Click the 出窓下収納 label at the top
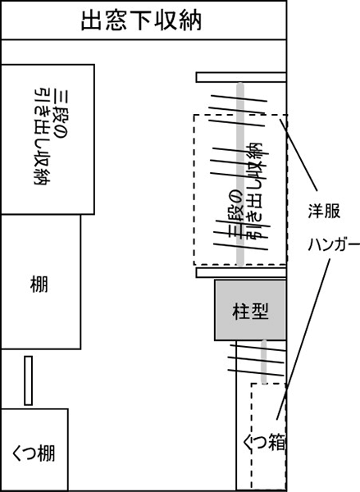[141, 20]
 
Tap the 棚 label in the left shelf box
[39, 284]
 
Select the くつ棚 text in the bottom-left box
[34, 453]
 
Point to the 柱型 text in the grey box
[250, 311]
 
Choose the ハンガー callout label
[333, 244]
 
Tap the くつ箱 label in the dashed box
[264, 443]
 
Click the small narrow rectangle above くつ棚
[28, 380]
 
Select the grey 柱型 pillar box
[250, 310]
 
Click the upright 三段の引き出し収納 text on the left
[49, 137]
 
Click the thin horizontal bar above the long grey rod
[241, 77]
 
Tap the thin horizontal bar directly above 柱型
[241, 273]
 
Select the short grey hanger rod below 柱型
[264, 362]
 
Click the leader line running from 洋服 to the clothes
[298, 155]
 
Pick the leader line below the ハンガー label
[303, 339]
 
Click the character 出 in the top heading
[91, 21]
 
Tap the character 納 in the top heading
[191, 21]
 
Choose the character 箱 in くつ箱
[276, 443]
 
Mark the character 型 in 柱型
[260, 311]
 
